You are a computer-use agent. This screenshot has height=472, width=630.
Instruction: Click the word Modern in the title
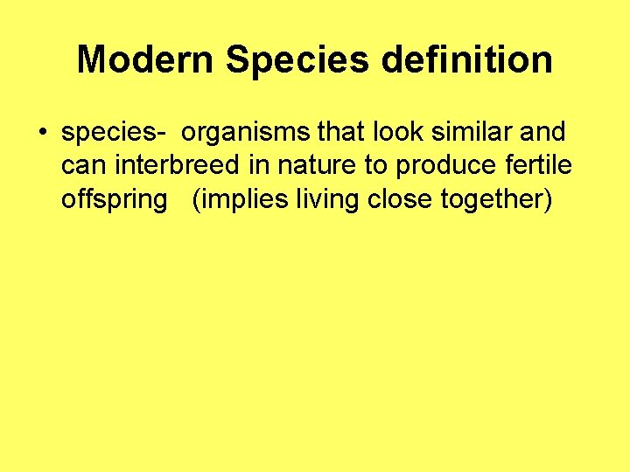point(145,60)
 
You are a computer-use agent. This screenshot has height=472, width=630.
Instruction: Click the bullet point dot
point(42,134)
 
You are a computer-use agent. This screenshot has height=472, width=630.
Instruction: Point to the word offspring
point(114,200)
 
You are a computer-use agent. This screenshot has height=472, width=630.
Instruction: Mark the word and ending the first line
point(542,133)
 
